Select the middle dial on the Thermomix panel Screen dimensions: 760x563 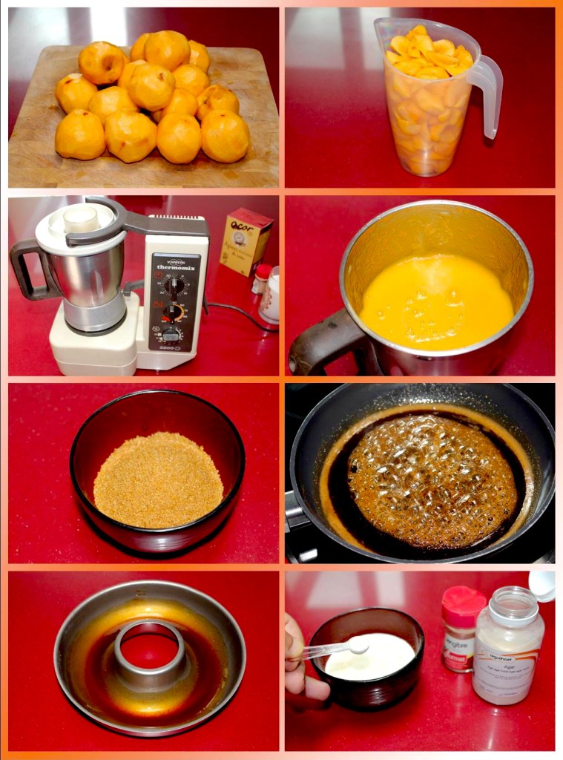[x=174, y=312]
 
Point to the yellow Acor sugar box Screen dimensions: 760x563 [x=246, y=240]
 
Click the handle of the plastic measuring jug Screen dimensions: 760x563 [x=488, y=96]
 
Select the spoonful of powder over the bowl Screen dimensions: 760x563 [x=358, y=646]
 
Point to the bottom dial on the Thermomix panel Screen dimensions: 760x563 [x=171, y=334]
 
